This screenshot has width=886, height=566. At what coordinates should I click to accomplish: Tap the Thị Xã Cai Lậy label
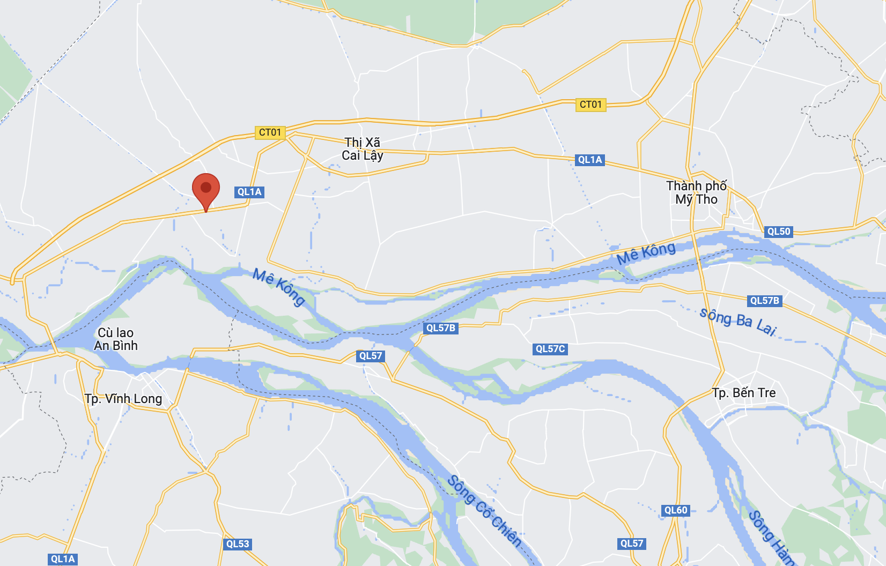tap(363, 149)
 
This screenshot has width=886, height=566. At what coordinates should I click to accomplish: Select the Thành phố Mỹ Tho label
tap(696, 193)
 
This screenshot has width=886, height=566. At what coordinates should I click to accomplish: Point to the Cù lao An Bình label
tap(116, 339)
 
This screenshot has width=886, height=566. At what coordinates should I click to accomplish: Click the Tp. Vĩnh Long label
tap(123, 399)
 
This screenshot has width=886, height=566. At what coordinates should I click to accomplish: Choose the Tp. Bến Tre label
tap(744, 393)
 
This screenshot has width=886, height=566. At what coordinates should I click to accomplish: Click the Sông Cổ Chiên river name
tap(484, 511)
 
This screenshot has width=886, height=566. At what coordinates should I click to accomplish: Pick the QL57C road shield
tap(550, 349)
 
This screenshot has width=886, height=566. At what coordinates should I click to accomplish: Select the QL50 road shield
tap(779, 232)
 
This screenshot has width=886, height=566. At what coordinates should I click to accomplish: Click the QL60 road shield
tap(676, 510)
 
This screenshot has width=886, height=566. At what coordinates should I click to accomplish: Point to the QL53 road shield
tap(238, 544)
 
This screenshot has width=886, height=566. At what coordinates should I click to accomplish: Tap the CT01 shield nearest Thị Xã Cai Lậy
tap(270, 132)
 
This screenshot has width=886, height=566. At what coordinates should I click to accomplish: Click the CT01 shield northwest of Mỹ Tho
tap(591, 105)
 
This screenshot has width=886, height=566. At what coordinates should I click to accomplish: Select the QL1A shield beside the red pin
tap(249, 192)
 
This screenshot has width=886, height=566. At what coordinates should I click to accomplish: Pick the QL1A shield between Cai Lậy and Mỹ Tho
tap(590, 160)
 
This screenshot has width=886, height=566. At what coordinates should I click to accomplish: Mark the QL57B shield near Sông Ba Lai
tap(764, 301)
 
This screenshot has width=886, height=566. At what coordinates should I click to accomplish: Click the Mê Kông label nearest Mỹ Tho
tap(646, 253)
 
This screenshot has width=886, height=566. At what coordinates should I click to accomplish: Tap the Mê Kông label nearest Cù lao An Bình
tap(279, 287)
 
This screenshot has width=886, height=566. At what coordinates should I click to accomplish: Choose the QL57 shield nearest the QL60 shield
tap(632, 543)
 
